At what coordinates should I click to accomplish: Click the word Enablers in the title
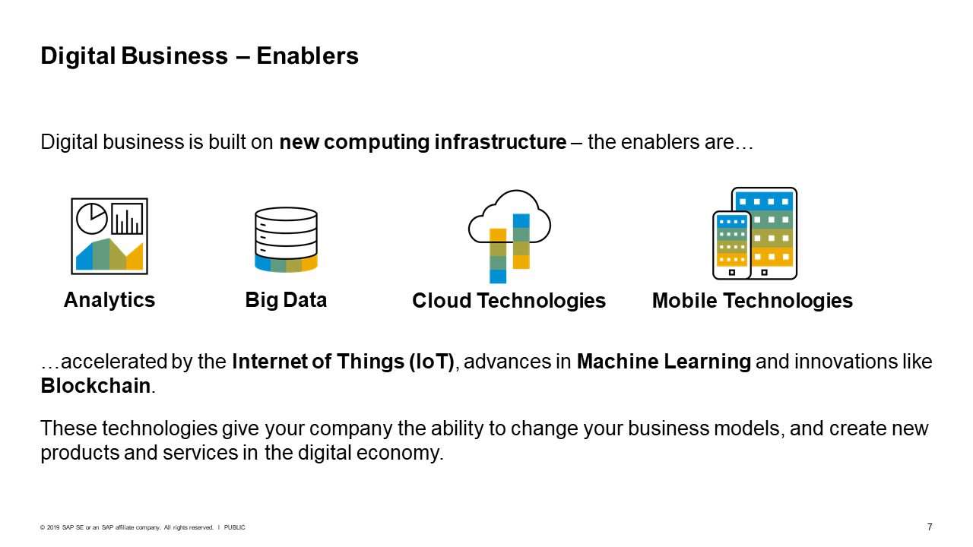(308, 56)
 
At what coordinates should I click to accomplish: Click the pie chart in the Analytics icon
(92, 218)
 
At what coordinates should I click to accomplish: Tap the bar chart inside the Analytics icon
(127, 219)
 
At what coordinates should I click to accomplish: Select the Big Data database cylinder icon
(287, 239)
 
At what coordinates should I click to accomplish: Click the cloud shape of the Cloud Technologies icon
(509, 217)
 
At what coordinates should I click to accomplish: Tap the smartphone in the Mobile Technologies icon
(732, 245)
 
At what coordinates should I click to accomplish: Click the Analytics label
(109, 300)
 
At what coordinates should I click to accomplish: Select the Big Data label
(286, 300)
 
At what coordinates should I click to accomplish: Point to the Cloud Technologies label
(509, 301)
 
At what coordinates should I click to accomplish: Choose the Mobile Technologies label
(753, 301)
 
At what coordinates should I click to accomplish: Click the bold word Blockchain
(96, 386)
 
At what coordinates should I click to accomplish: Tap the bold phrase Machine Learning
(664, 362)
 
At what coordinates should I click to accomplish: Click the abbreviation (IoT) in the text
(431, 362)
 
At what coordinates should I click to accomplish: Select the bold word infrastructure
(500, 142)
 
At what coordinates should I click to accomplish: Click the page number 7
(930, 527)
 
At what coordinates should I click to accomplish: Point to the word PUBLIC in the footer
(235, 527)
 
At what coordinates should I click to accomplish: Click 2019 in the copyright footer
(53, 527)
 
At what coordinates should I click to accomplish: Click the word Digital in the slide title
(78, 56)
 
